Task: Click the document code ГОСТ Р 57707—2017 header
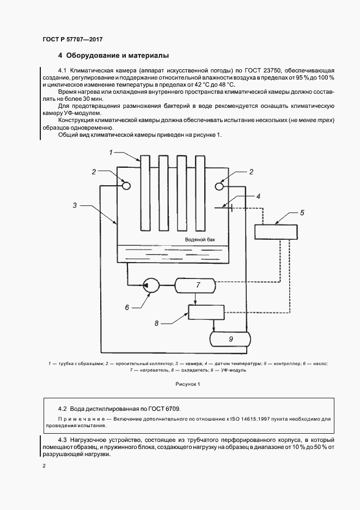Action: (x=72, y=40)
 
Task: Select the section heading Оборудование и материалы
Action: (x=117, y=56)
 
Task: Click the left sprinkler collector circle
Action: (x=126, y=186)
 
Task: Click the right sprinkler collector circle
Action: (x=220, y=186)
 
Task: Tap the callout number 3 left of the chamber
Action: (x=76, y=205)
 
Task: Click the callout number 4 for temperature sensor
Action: (x=259, y=196)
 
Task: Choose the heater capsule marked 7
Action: (x=198, y=285)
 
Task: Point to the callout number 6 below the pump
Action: (x=127, y=307)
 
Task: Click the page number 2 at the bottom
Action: (x=44, y=466)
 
